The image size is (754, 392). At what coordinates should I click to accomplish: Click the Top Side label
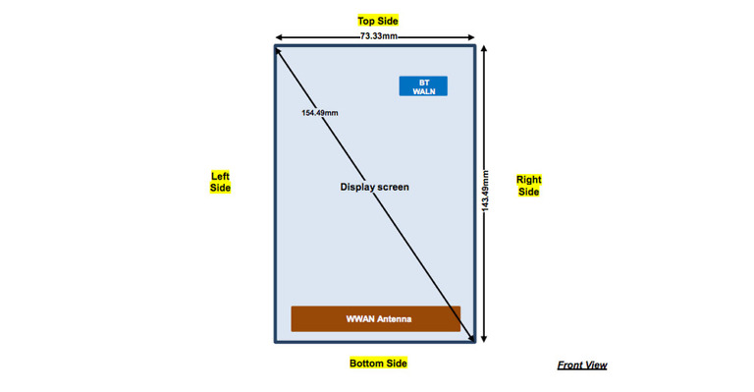click(377, 20)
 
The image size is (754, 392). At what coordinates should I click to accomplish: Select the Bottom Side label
click(378, 364)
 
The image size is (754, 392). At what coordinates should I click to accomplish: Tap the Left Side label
click(220, 182)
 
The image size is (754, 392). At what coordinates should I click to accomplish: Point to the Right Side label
click(528, 186)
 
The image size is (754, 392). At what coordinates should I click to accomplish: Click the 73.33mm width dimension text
click(378, 35)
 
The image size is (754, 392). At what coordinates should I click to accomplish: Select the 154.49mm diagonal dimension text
click(320, 113)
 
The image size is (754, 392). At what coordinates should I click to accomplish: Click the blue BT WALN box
click(423, 86)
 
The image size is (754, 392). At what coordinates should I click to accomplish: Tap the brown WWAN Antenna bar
click(375, 319)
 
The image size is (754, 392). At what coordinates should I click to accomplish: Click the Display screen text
click(374, 187)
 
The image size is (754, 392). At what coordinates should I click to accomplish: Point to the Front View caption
click(582, 365)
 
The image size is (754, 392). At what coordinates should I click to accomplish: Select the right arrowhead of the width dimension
click(473, 36)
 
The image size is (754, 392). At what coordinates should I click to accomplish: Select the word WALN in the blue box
click(423, 91)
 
